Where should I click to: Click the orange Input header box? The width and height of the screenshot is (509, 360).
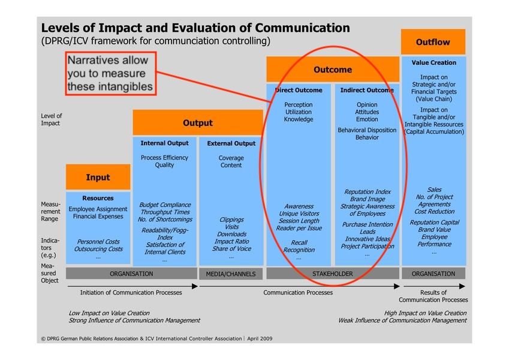[x=98, y=177]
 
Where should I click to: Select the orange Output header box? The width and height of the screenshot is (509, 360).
[x=197, y=122]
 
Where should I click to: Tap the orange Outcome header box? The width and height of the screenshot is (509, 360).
[x=333, y=70]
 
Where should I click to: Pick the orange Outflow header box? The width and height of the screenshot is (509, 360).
[x=433, y=42]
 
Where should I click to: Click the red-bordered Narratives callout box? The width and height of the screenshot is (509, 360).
[x=110, y=74]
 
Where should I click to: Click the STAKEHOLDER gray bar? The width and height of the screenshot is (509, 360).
[x=333, y=274]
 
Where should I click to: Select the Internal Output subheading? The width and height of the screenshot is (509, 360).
[x=164, y=143]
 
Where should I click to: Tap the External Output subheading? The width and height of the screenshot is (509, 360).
[x=231, y=143]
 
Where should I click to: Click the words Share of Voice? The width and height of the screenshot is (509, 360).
[x=231, y=249]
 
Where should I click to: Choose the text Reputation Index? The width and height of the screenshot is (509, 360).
[x=367, y=192]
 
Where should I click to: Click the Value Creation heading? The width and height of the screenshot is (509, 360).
[x=433, y=62]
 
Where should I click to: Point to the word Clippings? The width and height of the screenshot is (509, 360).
[x=231, y=220]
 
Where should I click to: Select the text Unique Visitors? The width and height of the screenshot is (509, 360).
[x=299, y=214]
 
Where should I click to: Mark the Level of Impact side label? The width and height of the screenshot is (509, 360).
[x=51, y=119]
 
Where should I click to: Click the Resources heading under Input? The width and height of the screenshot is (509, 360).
[x=98, y=198]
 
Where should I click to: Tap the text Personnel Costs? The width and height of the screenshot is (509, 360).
[x=98, y=241]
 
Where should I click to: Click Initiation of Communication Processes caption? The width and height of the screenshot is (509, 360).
[x=131, y=293]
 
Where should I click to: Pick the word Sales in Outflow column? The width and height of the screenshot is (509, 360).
[x=433, y=190]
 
